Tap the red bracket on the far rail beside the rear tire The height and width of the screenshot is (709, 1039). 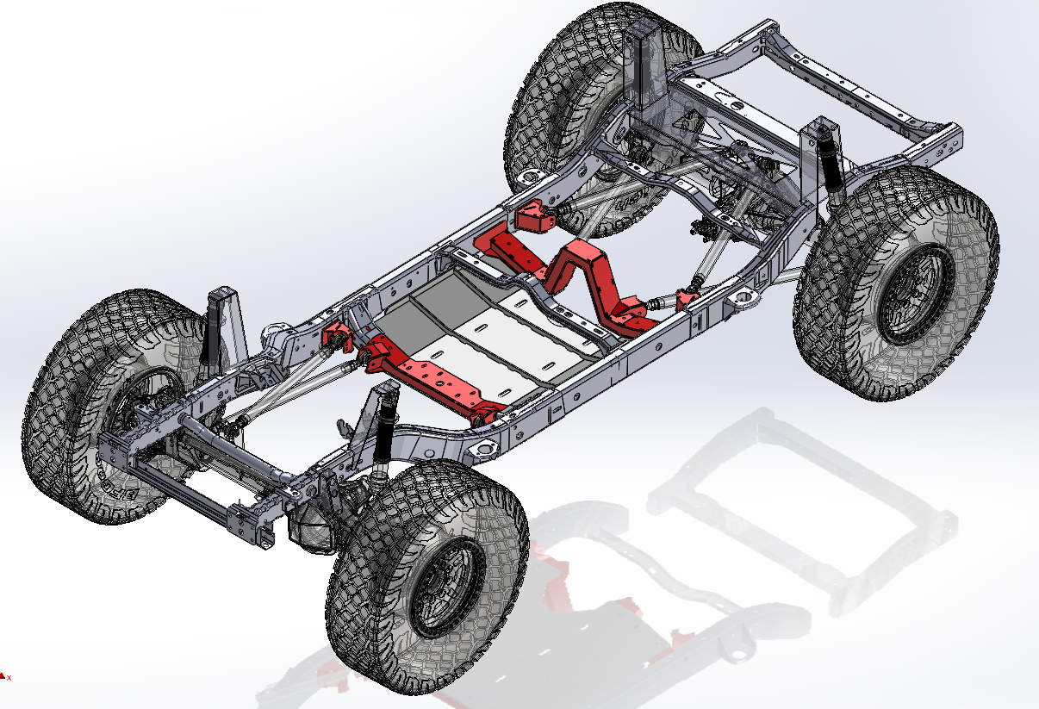tap(538, 215)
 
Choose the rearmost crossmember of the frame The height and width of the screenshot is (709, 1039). tap(862, 95)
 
